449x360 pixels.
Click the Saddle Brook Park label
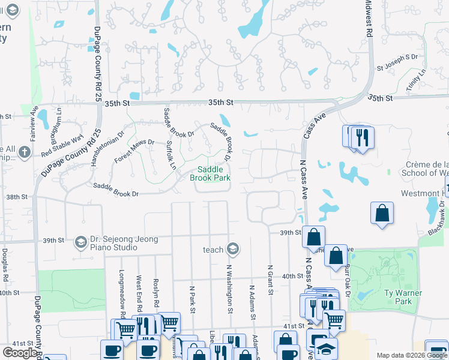(x=210, y=174)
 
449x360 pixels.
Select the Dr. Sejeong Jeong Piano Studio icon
(x=80, y=242)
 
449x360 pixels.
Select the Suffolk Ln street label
(x=170, y=155)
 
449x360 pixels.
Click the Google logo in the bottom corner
(x=20, y=353)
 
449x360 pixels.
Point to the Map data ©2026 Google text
(x=412, y=355)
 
